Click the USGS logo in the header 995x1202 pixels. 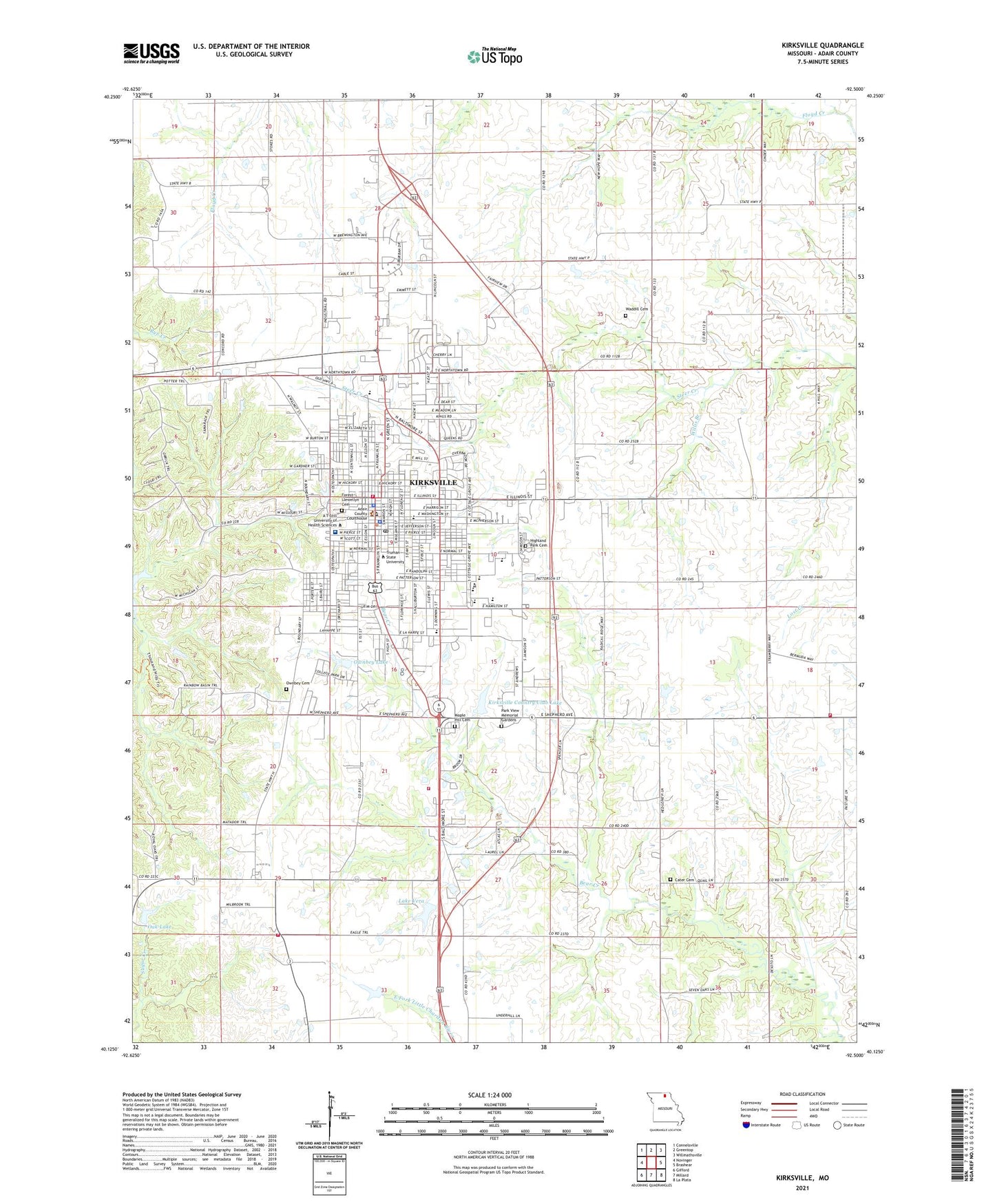point(151,53)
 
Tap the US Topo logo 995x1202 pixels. point(494,56)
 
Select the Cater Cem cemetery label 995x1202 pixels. point(684,880)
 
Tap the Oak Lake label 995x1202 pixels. point(160,927)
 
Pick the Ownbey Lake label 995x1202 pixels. point(370,662)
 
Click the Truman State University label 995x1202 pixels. point(395,557)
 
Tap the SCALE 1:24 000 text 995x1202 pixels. point(490,1095)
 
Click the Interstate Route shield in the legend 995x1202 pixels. point(746,1125)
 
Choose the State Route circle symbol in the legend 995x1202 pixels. point(837,1125)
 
